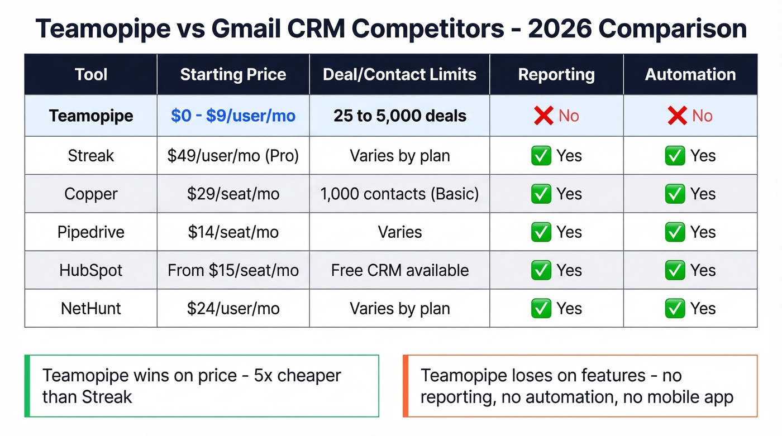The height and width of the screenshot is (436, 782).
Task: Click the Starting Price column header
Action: [x=233, y=75]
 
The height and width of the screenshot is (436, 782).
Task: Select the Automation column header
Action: [x=690, y=75]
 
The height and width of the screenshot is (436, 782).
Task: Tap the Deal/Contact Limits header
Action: [x=399, y=75]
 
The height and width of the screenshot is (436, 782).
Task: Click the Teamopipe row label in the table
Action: [x=91, y=116]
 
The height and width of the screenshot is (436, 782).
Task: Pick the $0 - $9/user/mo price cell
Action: [x=233, y=116]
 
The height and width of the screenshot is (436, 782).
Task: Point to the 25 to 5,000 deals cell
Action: [x=399, y=116]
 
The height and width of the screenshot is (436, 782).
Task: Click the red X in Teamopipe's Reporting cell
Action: [x=543, y=116]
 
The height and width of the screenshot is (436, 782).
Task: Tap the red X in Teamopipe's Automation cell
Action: [x=676, y=116]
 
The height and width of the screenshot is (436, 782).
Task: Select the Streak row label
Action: [x=91, y=156]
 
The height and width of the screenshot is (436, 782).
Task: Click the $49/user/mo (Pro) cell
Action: [x=233, y=156]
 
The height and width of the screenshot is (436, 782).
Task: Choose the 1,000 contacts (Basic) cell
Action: [x=399, y=194]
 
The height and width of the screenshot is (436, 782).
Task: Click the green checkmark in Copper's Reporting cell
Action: [x=541, y=194]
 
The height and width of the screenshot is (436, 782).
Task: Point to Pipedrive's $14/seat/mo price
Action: [x=233, y=232]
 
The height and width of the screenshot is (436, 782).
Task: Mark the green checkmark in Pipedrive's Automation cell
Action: [x=675, y=232]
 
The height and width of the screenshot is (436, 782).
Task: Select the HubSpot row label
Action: [x=91, y=271]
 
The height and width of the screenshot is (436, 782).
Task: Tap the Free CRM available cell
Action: [x=399, y=271]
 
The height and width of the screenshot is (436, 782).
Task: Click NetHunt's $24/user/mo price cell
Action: [x=233, y=309]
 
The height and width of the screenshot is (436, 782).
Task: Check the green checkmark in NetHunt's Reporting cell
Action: [x=541, y=309]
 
